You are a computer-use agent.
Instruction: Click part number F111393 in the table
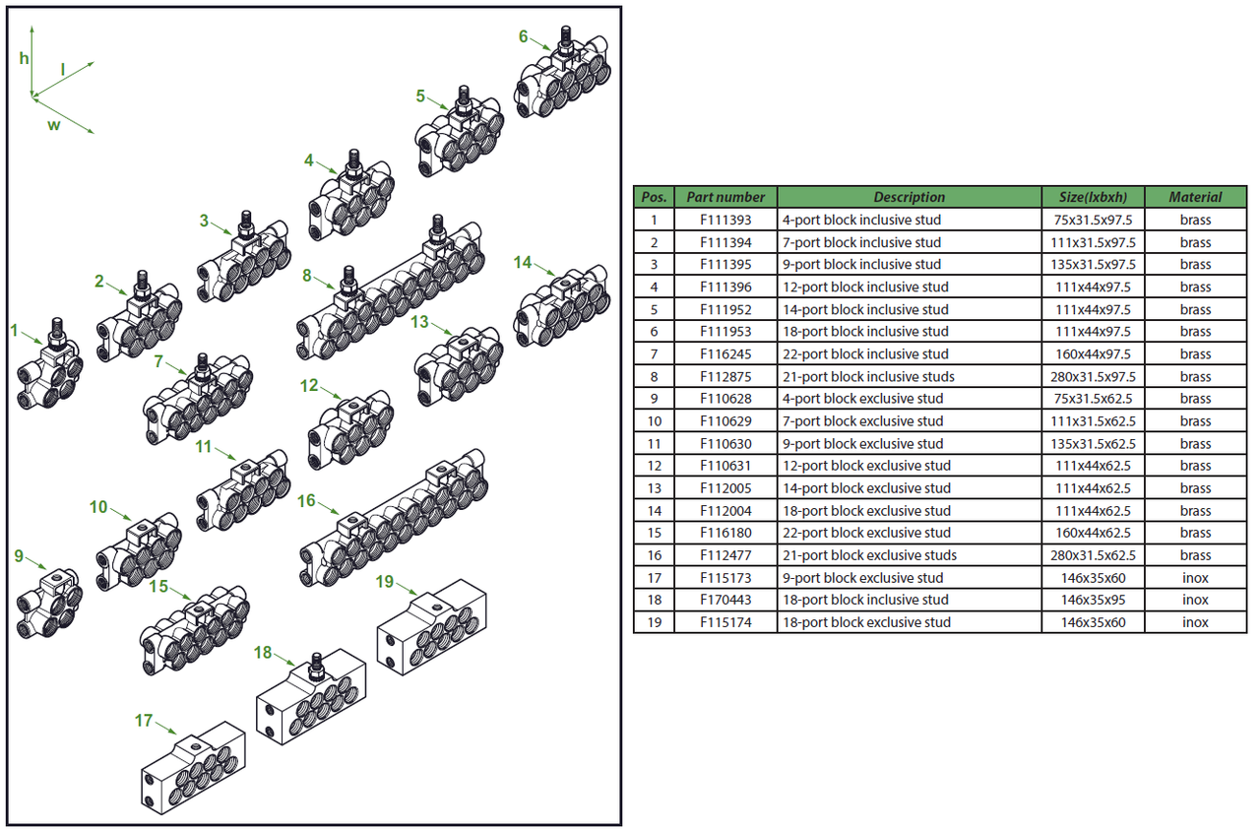(725, 220)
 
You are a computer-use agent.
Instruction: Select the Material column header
(1195, 197)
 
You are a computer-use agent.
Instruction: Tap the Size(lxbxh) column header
(1093, 197)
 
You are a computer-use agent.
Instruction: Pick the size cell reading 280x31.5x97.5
(1093, 376)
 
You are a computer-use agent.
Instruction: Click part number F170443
(725, 600)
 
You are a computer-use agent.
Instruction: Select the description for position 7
(864, 353)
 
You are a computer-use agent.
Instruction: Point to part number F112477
(725, 555)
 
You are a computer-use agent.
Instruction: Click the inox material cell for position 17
(1195, 578)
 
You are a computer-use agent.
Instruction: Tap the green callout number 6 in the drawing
(524, 37)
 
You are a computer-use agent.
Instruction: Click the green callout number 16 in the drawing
(306, 501)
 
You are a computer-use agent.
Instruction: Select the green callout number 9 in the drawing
(19, 556)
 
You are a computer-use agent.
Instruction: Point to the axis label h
(25, 58)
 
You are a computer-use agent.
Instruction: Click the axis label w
(53, 126)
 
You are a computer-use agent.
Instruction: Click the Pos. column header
(654, 197)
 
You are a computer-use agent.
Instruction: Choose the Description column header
(909, 197)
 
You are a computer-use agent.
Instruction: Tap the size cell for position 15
(1093, 533)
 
